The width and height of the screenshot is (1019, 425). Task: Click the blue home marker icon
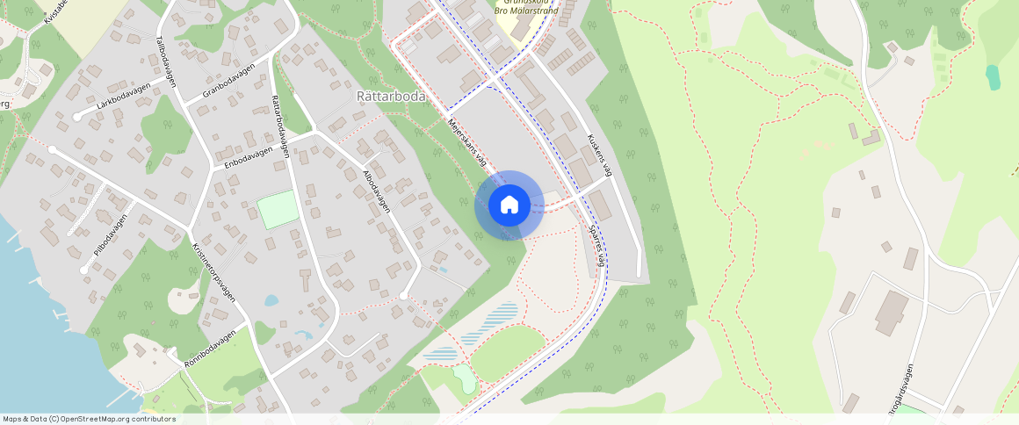[x=509, y=205]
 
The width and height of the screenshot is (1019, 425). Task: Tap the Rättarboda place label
[x=391, y=95]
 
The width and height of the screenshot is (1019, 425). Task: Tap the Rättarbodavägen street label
[x=281, y=126]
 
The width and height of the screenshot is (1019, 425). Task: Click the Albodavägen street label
[x=376, y=191]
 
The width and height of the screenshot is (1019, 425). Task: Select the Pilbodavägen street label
[x=111, y=234]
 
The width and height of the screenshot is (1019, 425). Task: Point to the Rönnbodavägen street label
[x=211, y=348]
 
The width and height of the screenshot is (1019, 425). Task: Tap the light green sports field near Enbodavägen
[x=276, y=210]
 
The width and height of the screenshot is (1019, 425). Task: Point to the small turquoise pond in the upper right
[x=993, y=77]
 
